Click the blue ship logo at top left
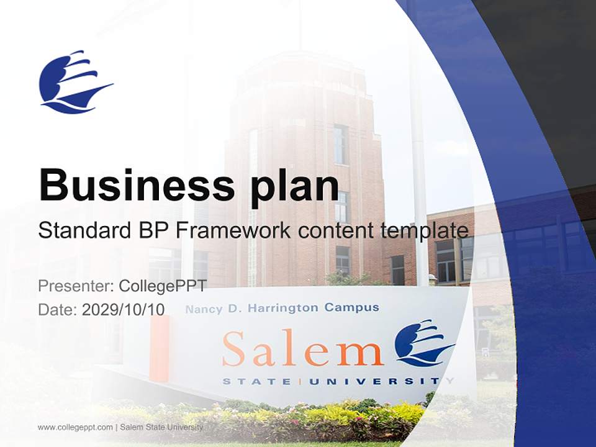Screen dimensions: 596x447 click(x=76, y=82)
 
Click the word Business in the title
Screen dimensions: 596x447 click(x=137, y=186)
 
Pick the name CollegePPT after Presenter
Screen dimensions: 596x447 click(x=163, y=286)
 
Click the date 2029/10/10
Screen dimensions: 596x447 click(x=123, y=310)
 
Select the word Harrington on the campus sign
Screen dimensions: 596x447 click(x=283, y=309)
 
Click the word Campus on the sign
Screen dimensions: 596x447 click(x=351, y=307)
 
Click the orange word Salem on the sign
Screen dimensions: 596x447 click(x=302, y=348)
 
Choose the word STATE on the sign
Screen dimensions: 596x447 click(x=256, y=381)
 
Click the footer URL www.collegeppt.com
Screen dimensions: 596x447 click(x=75, y=427)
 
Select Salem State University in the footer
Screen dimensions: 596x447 click(x=161, y=427)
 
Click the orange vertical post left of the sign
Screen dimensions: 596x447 click(x=159, y=348)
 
